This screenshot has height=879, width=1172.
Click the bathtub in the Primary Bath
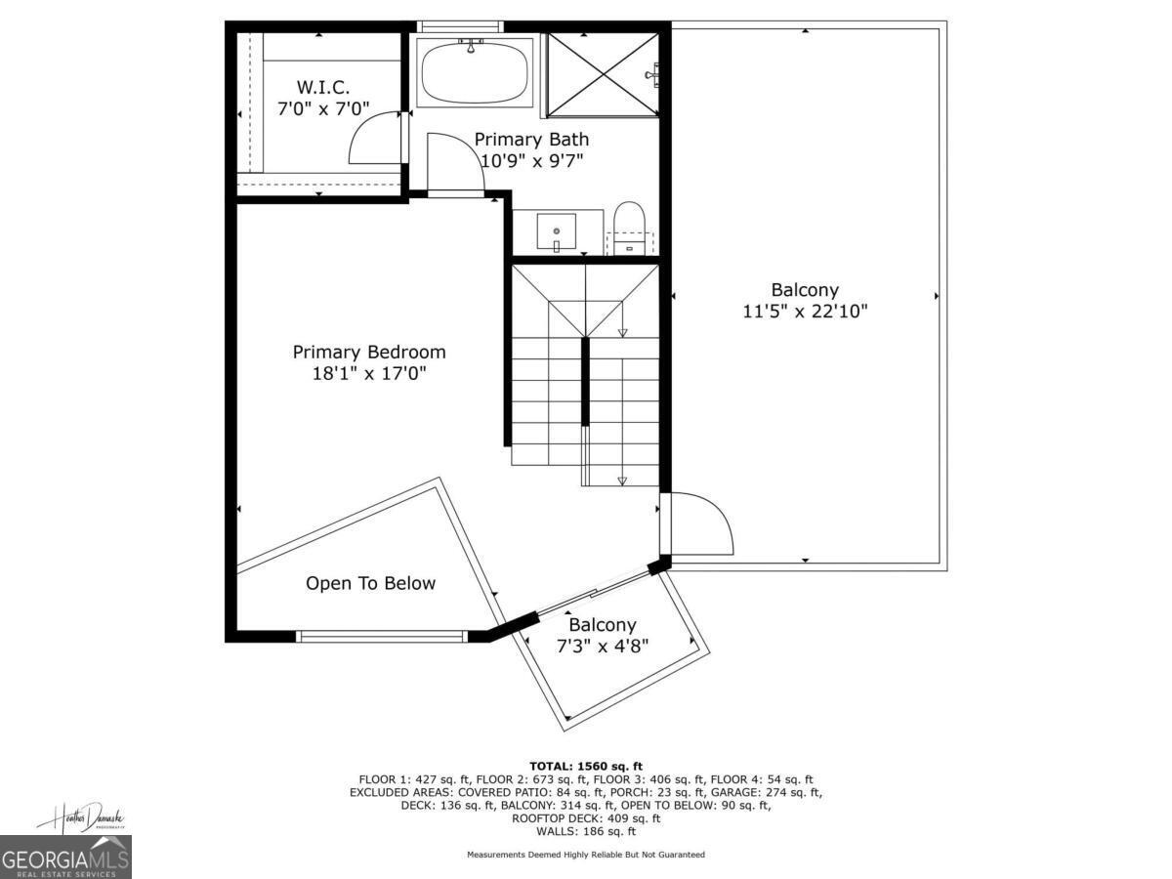[x=475, y=71]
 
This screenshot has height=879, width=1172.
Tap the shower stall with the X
[x=601, y=73]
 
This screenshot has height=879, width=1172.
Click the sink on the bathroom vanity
[x=557, y=232]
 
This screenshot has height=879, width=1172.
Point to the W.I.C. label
[x=323, y=87]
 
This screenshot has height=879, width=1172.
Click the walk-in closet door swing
[x=373, y=139]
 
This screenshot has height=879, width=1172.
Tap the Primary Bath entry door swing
[x=453, y=162]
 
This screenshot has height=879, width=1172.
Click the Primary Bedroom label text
[x=369, y=352]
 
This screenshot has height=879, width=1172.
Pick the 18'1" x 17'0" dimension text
[x=369, y=373]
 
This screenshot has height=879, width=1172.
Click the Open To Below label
[x=370, y=583]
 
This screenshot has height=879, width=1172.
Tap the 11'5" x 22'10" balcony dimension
[x=805, y=312]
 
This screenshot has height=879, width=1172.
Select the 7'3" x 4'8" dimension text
[x=603, y=646]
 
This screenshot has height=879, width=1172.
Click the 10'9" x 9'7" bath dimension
[x=531, y=161]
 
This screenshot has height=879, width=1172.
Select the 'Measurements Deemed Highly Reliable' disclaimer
[x=586, y=855]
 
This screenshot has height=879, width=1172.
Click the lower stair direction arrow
[x=622, y=479]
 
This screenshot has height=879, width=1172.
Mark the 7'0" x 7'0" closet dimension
[x=323, y=108]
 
